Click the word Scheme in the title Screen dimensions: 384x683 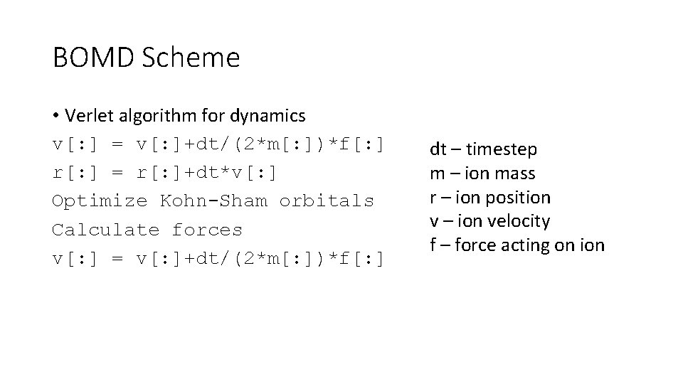(191, 58)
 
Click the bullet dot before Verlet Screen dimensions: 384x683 (56, 115)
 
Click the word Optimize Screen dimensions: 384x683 (100, 201)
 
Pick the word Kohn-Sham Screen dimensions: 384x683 (213, 201)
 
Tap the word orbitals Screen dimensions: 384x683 (327, 201)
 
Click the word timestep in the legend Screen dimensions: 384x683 (502, 149)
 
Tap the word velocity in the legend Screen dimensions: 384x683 (517, 222)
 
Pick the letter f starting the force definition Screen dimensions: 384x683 (433, 246)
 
